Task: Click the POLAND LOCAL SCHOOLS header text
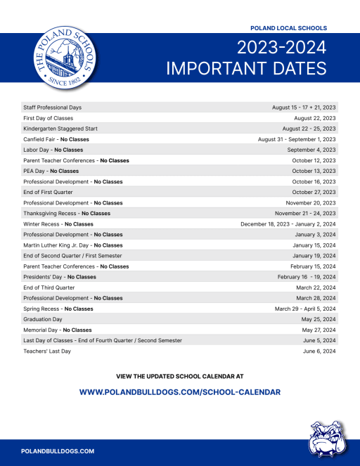click(288, 28)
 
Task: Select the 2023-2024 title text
click(281, 48)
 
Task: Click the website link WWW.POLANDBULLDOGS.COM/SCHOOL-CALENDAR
click(180, 391)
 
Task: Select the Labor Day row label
click(53, 150)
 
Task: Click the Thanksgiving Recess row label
click(67, 213)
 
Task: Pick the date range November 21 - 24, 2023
click(305, 213)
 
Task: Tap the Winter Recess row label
click(58, 224)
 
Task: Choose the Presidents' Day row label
click(60, 277)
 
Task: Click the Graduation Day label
click(44, 319)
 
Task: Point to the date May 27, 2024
click(319, 330)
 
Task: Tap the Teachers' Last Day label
click(47, 351)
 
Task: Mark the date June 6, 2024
click(319, 351)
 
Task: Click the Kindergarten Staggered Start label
click(60, 129)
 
